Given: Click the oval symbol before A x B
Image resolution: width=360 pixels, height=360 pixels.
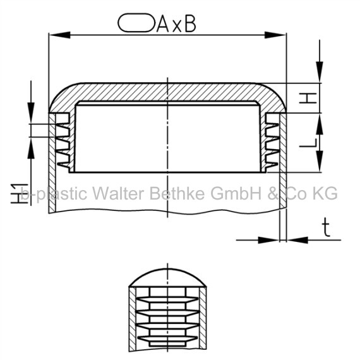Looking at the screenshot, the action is click(136, 23).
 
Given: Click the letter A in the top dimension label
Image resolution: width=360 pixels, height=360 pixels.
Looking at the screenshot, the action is click(164, 23).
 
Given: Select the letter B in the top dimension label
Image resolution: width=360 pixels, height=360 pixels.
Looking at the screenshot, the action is click(190, 23).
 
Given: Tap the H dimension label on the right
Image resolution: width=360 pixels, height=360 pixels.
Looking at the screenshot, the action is click(308, 98).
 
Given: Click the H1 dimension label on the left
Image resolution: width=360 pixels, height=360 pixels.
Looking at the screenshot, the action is click(20, 193).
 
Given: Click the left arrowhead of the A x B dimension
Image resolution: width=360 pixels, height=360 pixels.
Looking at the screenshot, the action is click(59, 35).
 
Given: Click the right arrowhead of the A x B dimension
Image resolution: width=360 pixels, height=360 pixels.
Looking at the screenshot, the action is click(275, 35).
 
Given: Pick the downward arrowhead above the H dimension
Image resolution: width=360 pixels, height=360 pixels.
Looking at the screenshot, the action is click(320, 72).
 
